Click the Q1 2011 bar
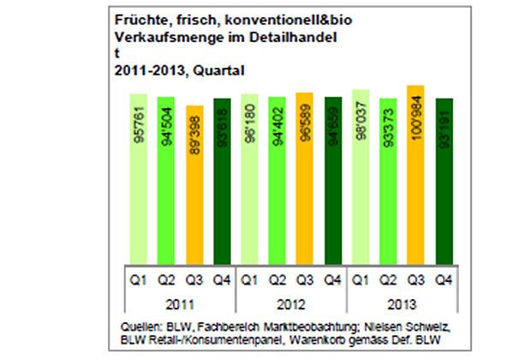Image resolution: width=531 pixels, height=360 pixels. (139, 180)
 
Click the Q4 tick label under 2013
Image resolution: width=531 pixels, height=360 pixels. (444, 280)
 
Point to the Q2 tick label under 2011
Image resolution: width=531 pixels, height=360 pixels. (165, 280)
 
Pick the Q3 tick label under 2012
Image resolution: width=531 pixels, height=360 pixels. (305, 280)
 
